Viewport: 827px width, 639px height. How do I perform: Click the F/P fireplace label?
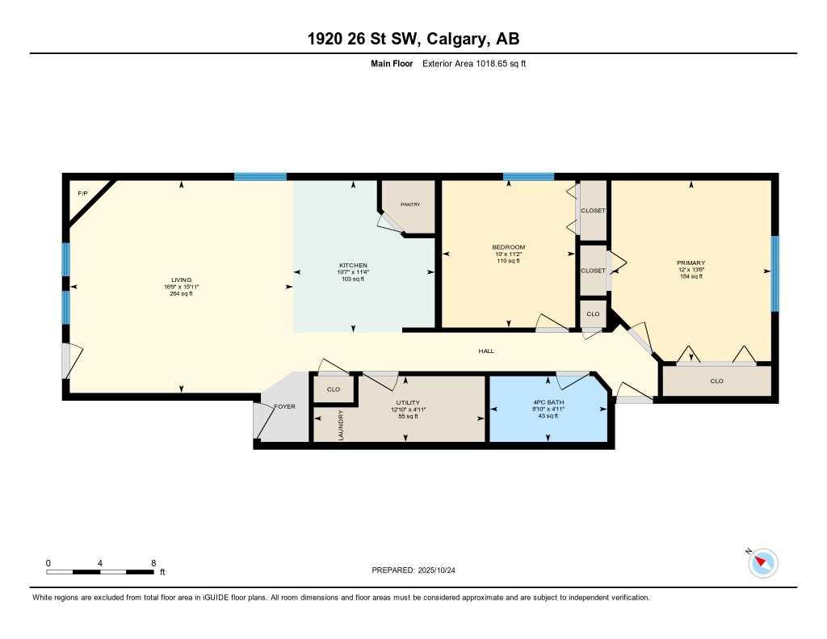(82, 195)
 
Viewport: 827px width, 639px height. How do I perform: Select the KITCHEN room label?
(353, 265)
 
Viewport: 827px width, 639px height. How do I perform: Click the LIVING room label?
(181, 280)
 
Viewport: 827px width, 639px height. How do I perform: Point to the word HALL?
(485, 351)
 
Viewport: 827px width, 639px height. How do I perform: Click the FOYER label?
(285, 406)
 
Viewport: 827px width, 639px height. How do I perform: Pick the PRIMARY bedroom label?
(691, 263)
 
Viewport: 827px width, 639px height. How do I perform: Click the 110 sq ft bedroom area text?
(509, 261)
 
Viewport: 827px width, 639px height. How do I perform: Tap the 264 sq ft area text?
(181, 294)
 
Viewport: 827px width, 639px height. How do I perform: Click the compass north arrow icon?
(763, 562)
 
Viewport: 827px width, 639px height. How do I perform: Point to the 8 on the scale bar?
(153, 562)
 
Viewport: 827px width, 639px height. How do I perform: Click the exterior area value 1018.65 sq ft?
(493, 63)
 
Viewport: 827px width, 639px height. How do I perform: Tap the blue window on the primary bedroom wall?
(775, 273)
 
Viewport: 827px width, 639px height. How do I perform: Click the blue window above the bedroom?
(528, 176)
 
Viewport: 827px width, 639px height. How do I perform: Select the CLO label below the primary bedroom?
(716, 380)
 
